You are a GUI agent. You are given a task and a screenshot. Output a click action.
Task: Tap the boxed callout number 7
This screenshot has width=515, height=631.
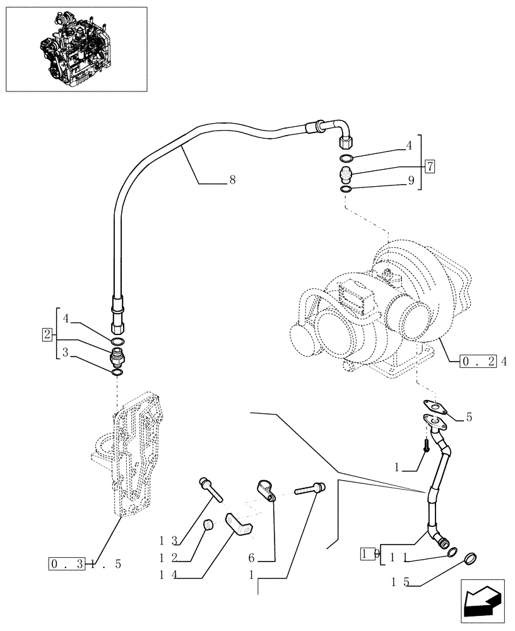point(430,167)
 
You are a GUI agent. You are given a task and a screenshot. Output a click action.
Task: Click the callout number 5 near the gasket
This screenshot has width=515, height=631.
point(468,417)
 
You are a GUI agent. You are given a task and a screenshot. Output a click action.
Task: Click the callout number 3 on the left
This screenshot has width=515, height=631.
point(65,353)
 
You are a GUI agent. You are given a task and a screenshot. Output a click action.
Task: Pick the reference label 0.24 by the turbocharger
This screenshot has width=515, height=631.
point(485,362)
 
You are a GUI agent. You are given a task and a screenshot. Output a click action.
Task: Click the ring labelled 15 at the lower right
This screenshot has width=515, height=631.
point(470,558)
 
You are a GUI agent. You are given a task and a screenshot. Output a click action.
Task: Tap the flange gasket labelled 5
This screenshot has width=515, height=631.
point(434,408)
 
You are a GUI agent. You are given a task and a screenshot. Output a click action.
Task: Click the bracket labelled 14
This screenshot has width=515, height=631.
point(240,526)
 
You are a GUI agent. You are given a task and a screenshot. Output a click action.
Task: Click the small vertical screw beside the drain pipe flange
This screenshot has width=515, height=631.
point(428,444)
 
